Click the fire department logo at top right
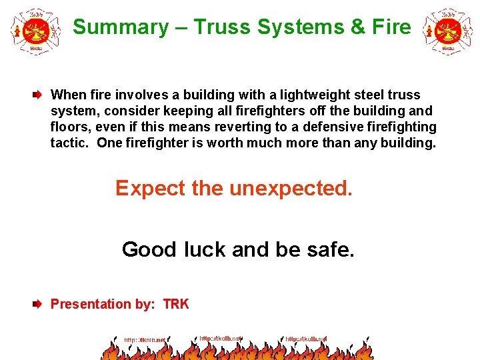pyautogui.click(x=447, y=30)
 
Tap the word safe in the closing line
pyautogui.click(x=331, y=250)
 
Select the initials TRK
pyautogui.click(x=176, y=305)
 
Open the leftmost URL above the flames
pyautogui.click(x=144, y=340)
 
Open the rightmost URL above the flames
pyautogui.click(x=306, y=339)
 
